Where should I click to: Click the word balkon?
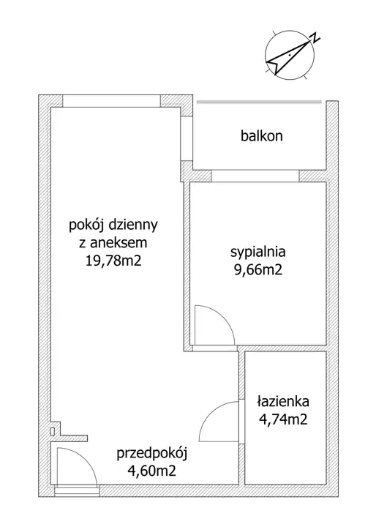(262, 136)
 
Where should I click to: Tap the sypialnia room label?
(258, 252)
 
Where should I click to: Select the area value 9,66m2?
(258, 269)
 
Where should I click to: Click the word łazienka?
(283, 401)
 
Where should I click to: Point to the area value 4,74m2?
(283, 419)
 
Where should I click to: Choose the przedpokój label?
(152, 454)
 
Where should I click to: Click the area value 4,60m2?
(152, 471)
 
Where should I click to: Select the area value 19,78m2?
(113, 261)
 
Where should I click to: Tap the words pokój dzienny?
(113, 225)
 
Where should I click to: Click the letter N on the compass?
(315, 37)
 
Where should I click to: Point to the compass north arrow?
(288, 56)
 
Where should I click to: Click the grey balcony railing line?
(259, 102)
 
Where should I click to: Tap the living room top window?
(112, 101)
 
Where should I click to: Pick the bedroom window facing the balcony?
(255, 176)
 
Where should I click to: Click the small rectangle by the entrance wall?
(53, 431)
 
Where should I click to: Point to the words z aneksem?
(113, 243)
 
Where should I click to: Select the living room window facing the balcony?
(186, 138)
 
